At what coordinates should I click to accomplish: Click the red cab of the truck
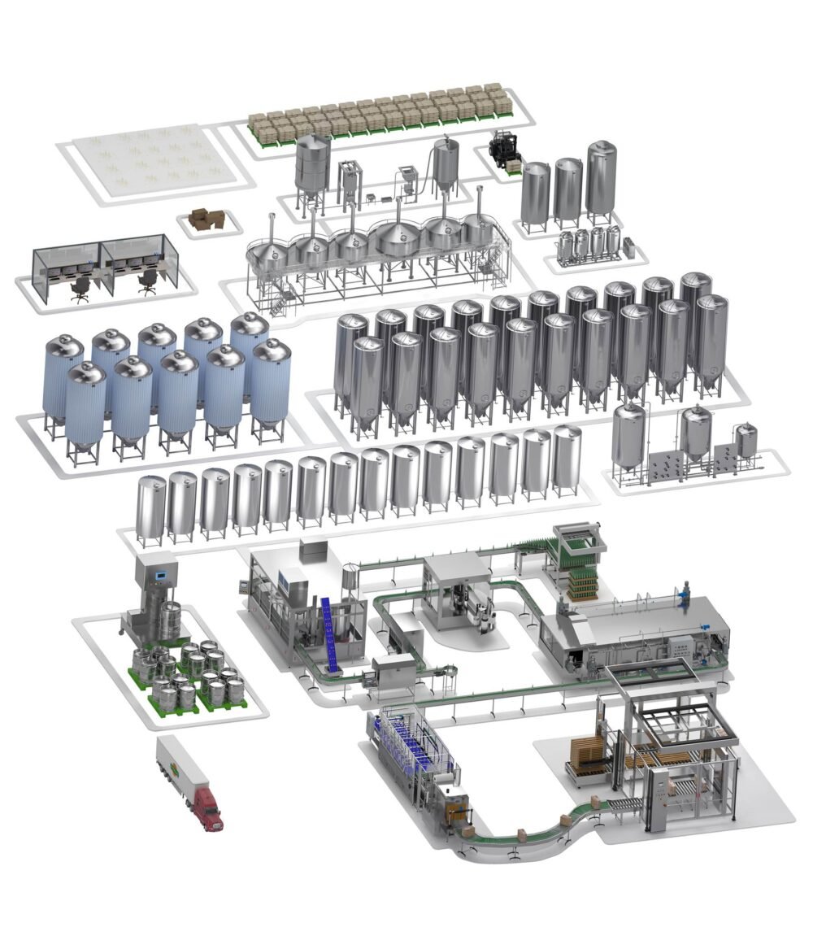coord(207,809)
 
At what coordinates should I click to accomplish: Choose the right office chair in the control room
coord(148,282)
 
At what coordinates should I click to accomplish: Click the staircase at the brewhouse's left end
coord(280,303)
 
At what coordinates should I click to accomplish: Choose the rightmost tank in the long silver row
coord(567,459)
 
